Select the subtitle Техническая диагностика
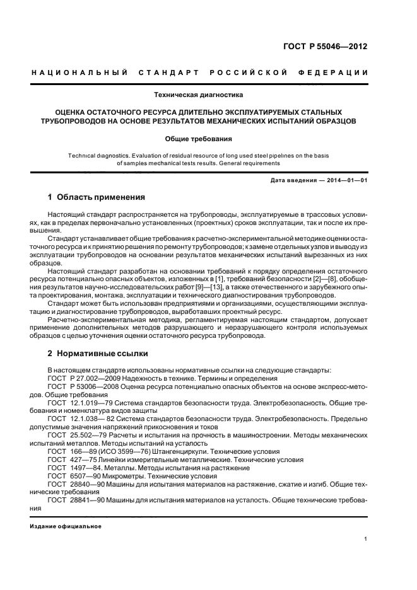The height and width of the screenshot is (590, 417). click(x=199, y=95)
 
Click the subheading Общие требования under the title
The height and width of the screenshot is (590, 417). click(x=199, y=138)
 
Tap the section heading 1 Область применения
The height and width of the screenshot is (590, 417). click(x=97, y=197)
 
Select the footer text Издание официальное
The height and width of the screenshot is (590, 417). click(x=66, y=526)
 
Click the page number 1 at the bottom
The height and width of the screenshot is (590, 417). click(x=366, y=538)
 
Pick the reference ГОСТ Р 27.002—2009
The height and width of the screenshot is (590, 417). click(x=83, y=378)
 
